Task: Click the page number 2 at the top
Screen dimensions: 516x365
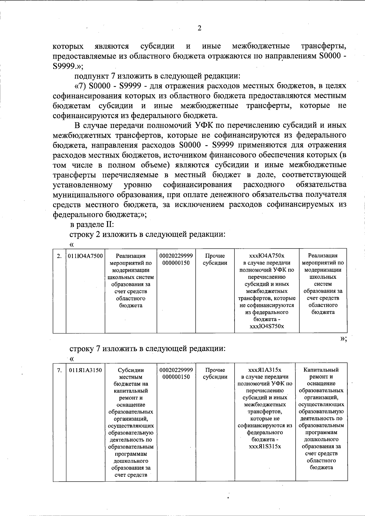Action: [x=199, y=28]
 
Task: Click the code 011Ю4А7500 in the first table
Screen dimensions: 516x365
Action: [x=85, y=256]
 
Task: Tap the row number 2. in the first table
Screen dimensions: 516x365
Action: [x=59, y=256]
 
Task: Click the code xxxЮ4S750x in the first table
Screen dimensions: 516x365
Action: [x=266, y=326]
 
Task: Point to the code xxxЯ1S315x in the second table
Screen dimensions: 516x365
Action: [x=265, y=446]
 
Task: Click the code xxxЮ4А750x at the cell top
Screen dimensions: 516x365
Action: [x=266, y=256]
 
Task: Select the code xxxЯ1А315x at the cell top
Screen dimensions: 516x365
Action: [x=265, y=370]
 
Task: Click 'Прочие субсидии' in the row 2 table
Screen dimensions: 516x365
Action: [x=215, y=259]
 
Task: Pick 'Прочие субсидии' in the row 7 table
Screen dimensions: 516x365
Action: [x=215, y=373]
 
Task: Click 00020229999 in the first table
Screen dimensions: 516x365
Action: [x=176, y=256]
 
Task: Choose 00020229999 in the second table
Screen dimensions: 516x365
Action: [x=176, y=370]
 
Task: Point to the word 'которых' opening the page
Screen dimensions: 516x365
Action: [x=68, y=46]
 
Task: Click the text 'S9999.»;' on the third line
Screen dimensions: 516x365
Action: [x=66, y=66]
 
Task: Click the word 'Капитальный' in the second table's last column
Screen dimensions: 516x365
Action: [x=321, y=370]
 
